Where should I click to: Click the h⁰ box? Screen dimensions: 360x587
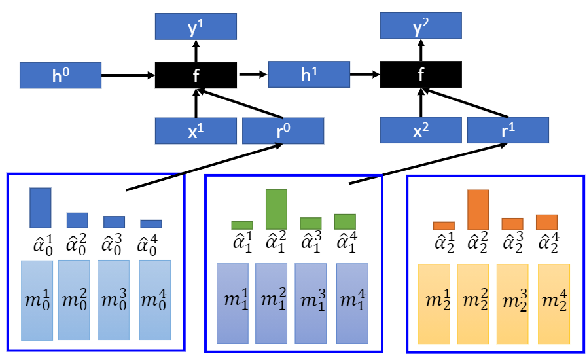pyautogui.click(x=60, y=75)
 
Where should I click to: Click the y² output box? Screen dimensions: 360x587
pyautogui.click(x=421, y=26)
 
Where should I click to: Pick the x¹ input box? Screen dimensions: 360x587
pyautogui.click(x=196, y=130)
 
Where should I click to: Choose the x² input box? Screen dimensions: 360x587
pyautogui.click(x=421, y=130)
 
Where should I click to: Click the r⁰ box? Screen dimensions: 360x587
pyautogui.click(x=283, y=130)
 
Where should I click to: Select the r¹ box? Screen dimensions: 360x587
pyautogui.click(x=508, y=130)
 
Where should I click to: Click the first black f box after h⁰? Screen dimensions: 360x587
pyautogui.click(x=196, y=75)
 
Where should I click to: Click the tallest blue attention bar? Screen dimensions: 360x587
pyautogui.click(x=40, y=207)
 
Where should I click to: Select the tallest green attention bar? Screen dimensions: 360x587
pyautogui.click(x=276, y=209)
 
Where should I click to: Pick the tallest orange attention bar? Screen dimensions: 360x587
pyautogui.click(x=478, y=209)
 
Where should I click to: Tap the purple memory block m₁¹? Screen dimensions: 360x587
pyautogui.click(x=232, y=303)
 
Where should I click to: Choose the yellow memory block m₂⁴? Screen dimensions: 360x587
pyautogui.click(x=554, y=304)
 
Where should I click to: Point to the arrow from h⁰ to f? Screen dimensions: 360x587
pyautogui.click(x=128, y=75)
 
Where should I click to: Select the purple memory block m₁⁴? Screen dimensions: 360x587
pyautogui.click(x=352, y=303)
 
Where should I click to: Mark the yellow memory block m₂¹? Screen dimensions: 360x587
pyautogui.click(x=434, y=304)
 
